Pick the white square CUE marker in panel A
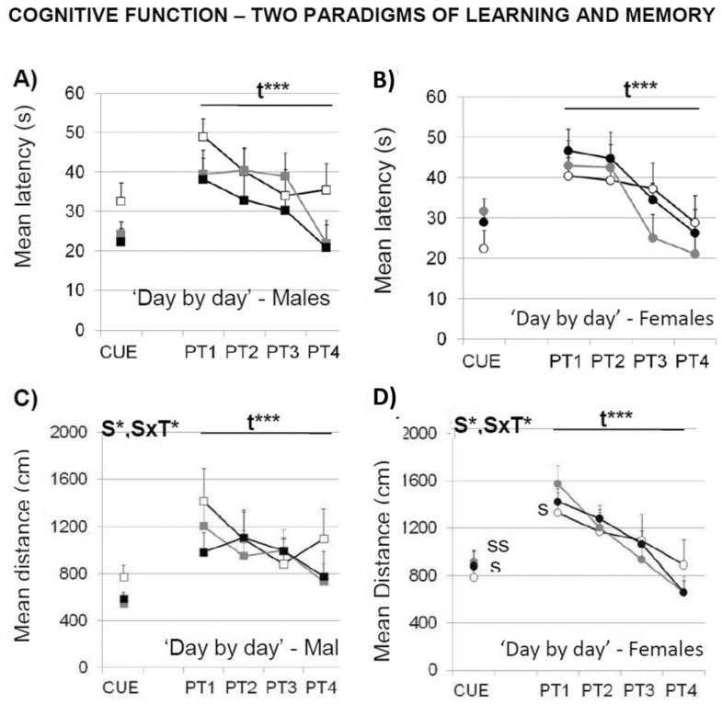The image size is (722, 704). [120, 200]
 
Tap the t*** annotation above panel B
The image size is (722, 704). [640, 89]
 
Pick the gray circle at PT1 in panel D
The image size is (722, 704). [556, 484]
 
